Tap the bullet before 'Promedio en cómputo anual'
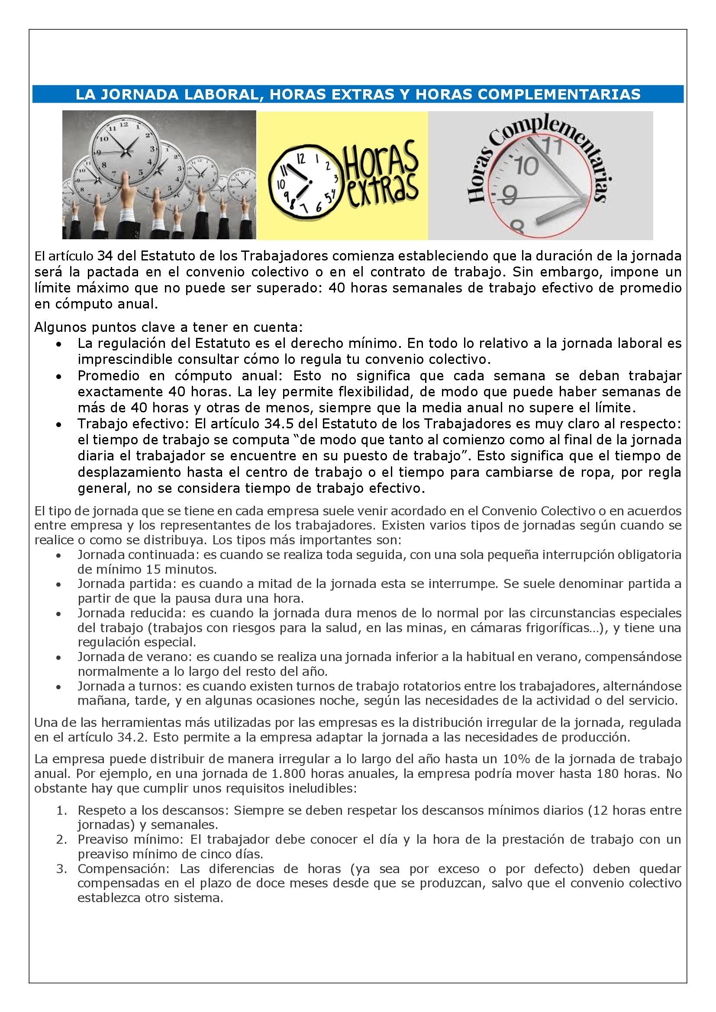tap(59, 376)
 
